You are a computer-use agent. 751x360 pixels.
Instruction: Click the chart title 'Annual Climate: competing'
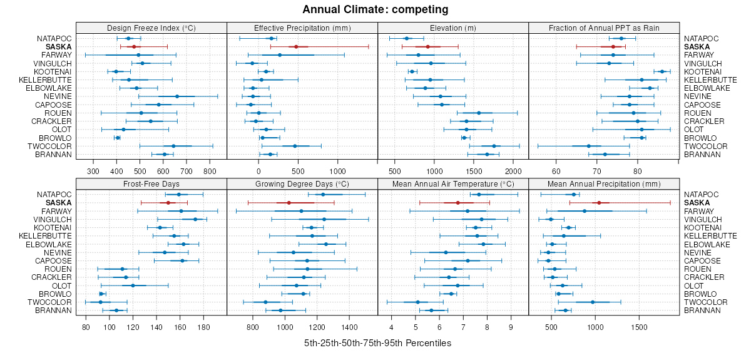(x=375, y=9)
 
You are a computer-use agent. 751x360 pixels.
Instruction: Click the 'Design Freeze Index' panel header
(x=151, y=28)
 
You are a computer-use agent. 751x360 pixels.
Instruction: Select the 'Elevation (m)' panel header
(x=453, y=28)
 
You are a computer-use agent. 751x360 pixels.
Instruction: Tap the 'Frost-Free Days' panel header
(x=151, y=184)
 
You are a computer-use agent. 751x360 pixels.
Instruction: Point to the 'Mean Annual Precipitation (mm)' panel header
(x=604, y=184)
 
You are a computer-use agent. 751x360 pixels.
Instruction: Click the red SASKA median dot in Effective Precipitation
(x=296, y=47)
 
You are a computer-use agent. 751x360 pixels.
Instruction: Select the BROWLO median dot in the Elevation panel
(x=464, y=138)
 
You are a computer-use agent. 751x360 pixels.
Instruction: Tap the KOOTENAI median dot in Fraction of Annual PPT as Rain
(x=662, y=71)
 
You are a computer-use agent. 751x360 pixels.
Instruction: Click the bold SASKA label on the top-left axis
(x=58, y=47)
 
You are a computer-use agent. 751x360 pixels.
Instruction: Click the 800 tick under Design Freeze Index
(x=210, y=170)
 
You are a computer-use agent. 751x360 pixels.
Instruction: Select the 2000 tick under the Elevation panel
(x=513, y=170)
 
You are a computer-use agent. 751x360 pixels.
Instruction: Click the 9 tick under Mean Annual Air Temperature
(x=511, y=327)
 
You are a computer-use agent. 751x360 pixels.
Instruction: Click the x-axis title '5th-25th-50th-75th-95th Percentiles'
(x=377, y=344)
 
